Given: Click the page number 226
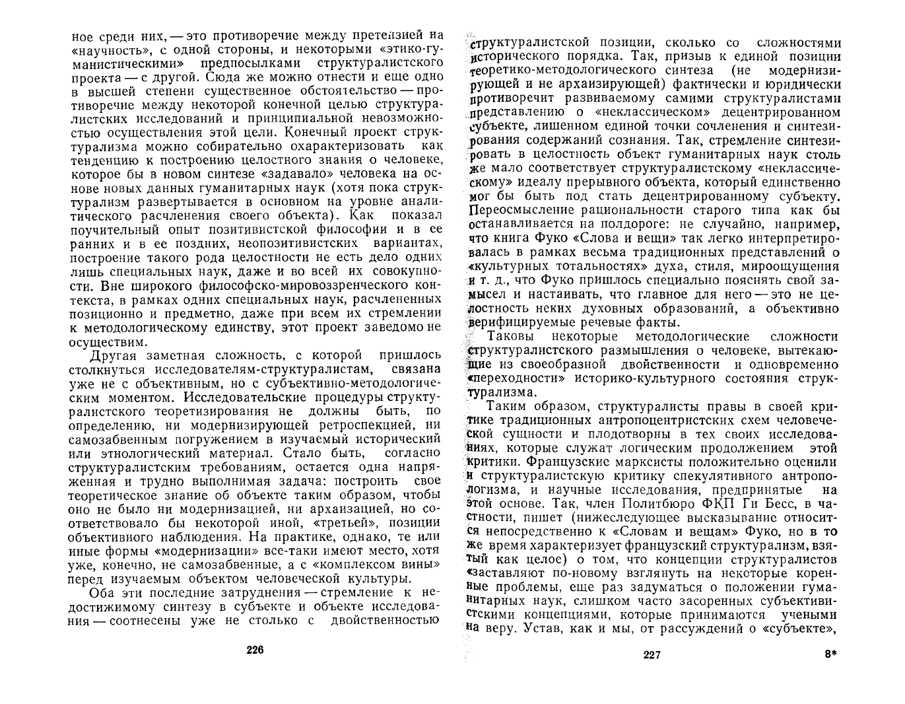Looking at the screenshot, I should tap(255, 650).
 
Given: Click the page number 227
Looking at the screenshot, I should tap(652, 655).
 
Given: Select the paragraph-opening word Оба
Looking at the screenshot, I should tap(103, 592).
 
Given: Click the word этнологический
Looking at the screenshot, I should tap(239, 440).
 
